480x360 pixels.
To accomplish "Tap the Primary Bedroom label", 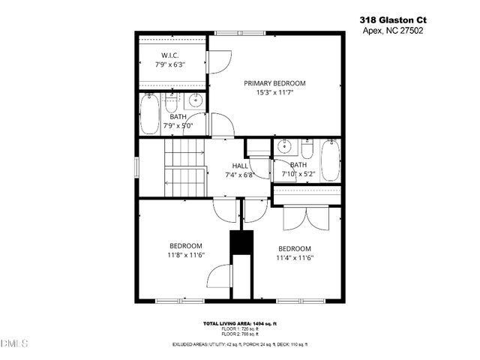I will click(274, 83).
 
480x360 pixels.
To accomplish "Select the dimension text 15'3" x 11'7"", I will click(274, 93).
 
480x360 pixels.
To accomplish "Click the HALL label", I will click(240, 166).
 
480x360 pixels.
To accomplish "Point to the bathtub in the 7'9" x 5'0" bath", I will click(148, 114).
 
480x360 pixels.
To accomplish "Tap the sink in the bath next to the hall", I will click(284, 147).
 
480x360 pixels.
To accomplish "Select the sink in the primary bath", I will click(196, 101).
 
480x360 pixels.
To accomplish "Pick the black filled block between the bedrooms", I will click(240, 244).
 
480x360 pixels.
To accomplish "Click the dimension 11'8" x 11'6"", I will click(184, 255).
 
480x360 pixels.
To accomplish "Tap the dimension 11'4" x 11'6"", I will click(295, 258).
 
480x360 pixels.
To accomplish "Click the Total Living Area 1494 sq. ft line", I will click(240, 323).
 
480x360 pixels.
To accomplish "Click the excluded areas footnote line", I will click(240, 343).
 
